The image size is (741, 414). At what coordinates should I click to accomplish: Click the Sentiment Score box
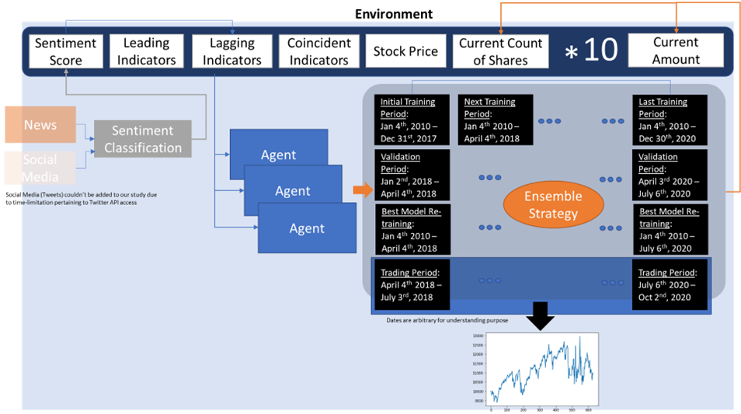[66, 50]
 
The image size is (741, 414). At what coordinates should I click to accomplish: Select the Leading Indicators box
[146, 50]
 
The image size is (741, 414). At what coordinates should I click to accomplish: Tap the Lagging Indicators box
[226, 50]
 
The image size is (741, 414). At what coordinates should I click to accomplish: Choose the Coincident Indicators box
[318, 51]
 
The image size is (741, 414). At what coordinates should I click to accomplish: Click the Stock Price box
[405, 51]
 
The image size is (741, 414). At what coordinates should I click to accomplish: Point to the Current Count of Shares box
[501, 51]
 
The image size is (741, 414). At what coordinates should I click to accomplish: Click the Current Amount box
[675, 50]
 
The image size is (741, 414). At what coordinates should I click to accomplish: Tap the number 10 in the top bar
[600, 50]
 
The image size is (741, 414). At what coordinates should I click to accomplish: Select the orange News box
[40, 125]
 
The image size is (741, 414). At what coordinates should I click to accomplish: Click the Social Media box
[40, 167]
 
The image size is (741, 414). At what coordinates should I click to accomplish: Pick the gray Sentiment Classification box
[143, 140]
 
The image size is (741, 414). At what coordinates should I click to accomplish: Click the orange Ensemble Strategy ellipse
[552, 205]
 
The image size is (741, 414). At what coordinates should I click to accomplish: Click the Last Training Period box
[670, 120]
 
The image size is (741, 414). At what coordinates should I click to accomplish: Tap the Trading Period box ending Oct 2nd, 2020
[670, 285]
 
